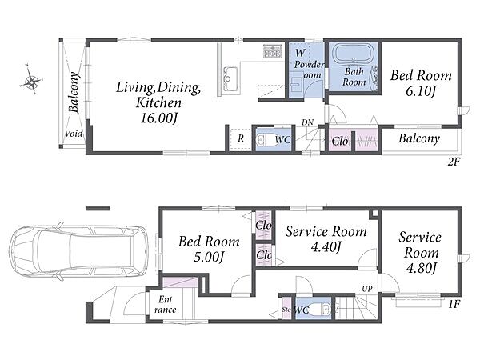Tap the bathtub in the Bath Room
(354, 54)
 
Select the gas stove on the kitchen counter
(272, 51)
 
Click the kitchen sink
(230, 79)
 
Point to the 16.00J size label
(158, 118)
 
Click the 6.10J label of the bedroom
(420, 91)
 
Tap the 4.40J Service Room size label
(326, 246)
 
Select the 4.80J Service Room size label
(421, 268)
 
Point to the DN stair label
(307, 122)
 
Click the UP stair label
(366, 289)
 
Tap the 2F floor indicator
(454, 162)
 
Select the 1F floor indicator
(454, 305)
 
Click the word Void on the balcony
(74, 134)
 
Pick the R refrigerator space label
(241, 138)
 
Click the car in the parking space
(78, 253)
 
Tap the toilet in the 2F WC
(265, 140)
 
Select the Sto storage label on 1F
(286, 310)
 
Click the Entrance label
(166, 304)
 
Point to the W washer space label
(300, 53)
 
